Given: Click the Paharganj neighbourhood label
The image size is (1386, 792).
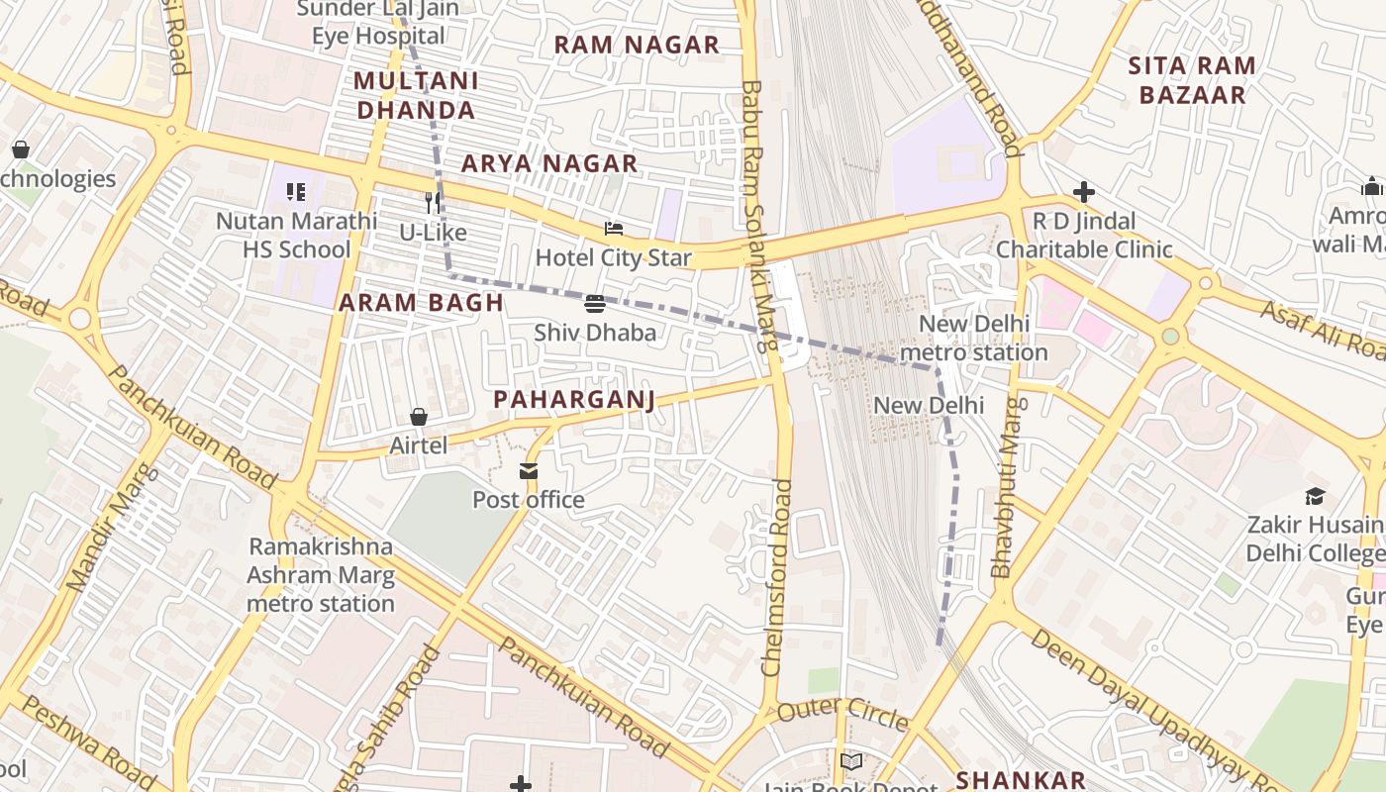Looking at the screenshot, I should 574,399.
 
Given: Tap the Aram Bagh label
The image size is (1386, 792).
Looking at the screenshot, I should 422,303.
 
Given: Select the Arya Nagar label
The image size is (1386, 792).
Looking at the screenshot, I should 549,163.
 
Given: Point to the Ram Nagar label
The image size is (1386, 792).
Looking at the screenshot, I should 637,45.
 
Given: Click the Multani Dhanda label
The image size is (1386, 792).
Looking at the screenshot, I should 416,95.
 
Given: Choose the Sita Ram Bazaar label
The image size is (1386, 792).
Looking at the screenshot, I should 1192,80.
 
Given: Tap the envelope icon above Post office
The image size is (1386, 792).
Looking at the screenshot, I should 529,471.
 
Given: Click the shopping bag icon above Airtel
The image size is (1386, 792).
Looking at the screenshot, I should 419,417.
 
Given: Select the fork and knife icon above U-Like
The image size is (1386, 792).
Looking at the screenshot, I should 433,203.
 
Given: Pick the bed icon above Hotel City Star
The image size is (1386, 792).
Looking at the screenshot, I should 614,229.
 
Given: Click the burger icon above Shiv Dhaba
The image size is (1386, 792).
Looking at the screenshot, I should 595,303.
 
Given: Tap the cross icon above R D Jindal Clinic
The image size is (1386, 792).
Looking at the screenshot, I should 1084,191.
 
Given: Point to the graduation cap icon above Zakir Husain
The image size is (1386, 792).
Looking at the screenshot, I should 1315,496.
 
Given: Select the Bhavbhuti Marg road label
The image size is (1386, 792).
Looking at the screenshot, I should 1006,487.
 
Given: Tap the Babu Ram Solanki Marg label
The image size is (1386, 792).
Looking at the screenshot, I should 757,218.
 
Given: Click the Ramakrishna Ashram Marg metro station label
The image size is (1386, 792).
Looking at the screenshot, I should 321,575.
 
